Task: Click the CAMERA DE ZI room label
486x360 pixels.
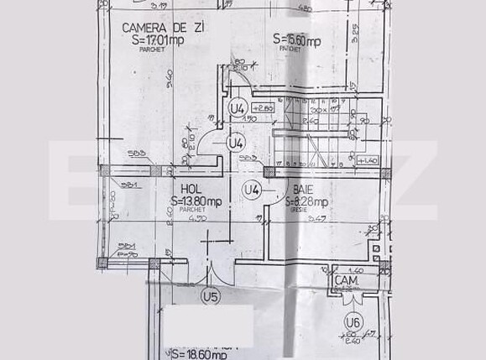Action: (x=162, y=27)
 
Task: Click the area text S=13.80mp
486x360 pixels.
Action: (x=196, y=201)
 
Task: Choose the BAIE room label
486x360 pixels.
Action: (x=304, y=190)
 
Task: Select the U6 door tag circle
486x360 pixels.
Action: (x=352, y=321)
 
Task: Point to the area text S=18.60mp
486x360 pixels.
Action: (x=197, y=355)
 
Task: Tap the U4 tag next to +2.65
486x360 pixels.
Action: (x=238, y=108)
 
